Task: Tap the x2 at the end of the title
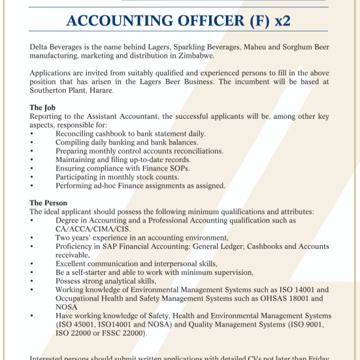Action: [282, 22]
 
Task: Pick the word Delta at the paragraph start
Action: [39, 47]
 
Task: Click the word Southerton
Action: [50, 90]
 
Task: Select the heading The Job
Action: [42, 108]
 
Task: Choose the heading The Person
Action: [48, 203]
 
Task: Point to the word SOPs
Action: [180, 169]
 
